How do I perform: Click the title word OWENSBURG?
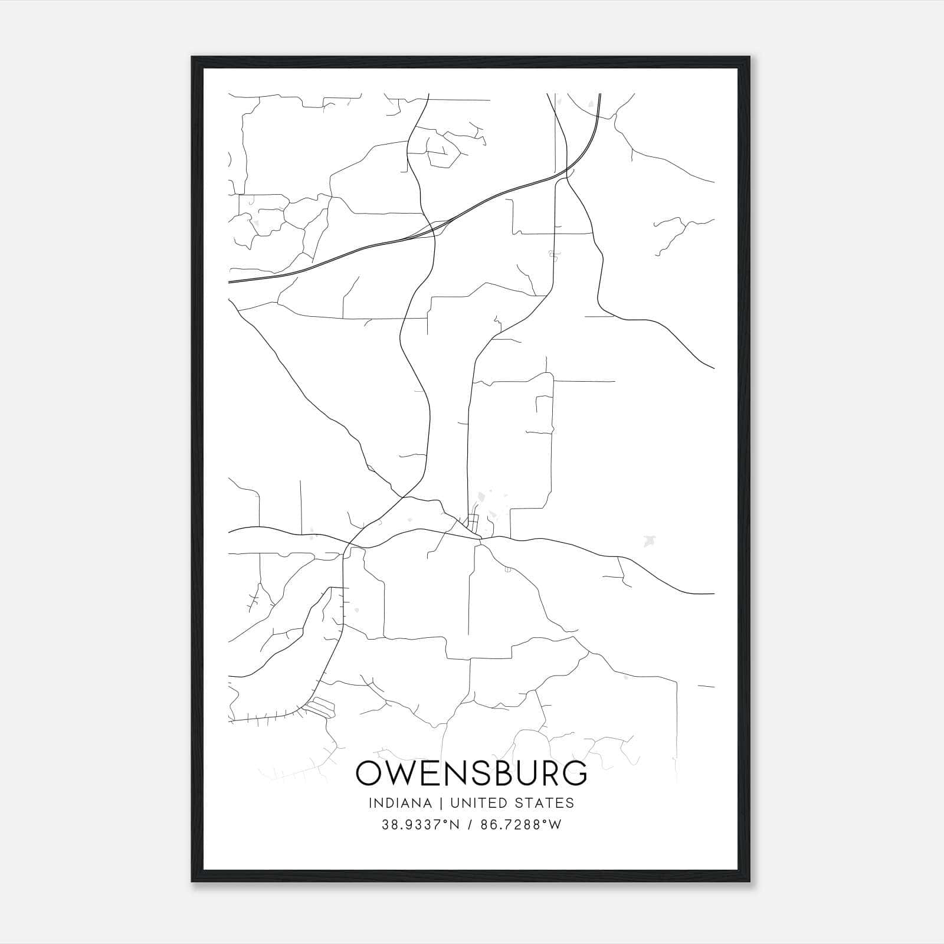[471, 773]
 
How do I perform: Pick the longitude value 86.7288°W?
[521, 825]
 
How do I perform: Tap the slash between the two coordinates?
[470, 825]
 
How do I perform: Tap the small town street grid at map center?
[473, 522]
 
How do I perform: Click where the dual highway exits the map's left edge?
[230, 281]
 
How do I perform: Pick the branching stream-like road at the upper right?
[678, 230]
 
